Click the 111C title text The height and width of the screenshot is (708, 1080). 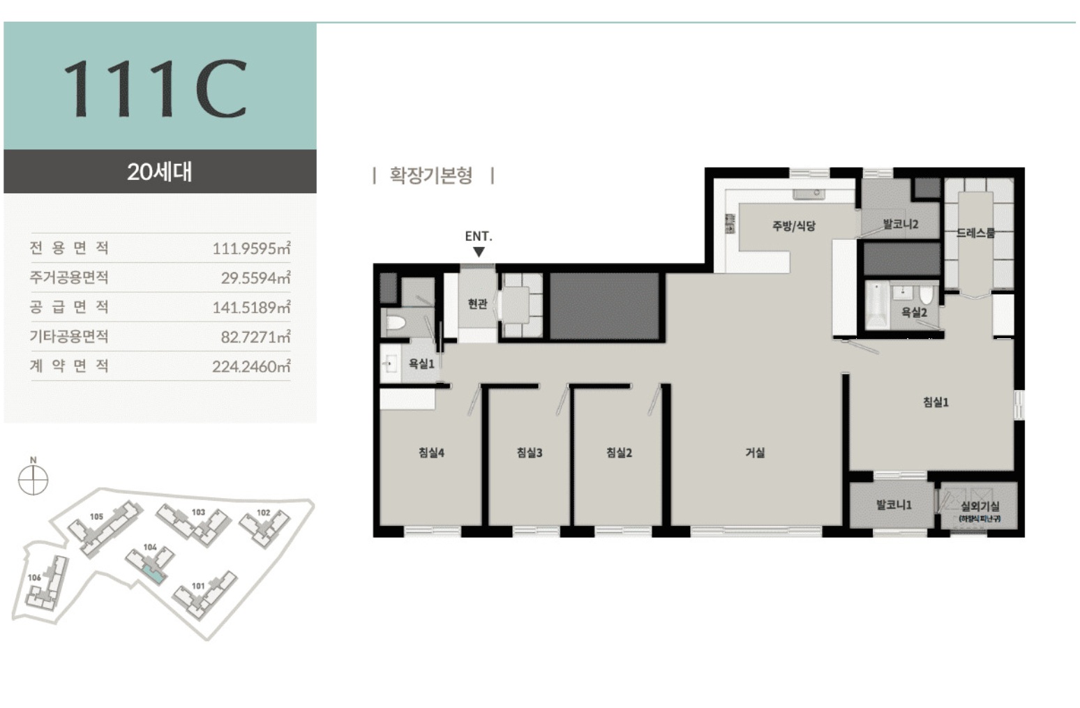(x=156, y=88)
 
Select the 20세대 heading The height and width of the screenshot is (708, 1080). (x=160, y=172)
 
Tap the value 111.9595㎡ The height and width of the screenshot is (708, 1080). (x=251, y=248)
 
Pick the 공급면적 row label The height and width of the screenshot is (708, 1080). (x=69, y=307)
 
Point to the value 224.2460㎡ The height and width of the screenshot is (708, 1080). (x=251, y=366)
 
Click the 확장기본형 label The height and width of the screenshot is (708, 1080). (x=431, y=175)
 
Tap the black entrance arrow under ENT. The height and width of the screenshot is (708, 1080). (x=479, y=252)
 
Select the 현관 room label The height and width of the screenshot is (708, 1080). (x=477, y=303)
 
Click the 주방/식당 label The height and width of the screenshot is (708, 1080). (x=794, y=225)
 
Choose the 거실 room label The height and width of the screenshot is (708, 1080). (x=755, y=453)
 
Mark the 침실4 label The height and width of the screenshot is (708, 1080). (x=431, y=453)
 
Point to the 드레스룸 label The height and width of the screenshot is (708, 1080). (x=975, y=233)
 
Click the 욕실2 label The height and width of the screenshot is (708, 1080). (x=914, y=312)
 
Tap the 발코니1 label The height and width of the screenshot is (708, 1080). (x=894, y=504)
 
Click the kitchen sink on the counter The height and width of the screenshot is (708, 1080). (x=809, y=194)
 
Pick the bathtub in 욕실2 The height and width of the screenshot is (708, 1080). (x=877, y=306)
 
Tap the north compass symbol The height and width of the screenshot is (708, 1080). (x=33, y=480)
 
